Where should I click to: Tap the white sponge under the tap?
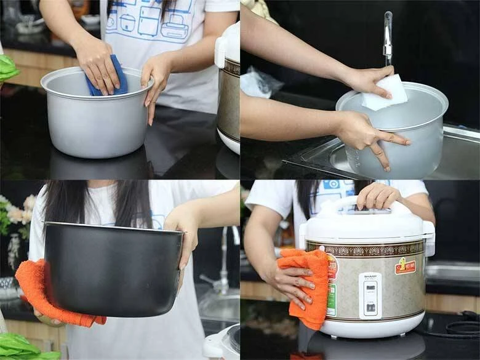[x=385, y=93]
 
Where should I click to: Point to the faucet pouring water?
[x=388, y=37]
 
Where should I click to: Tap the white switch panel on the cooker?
[x=370, y=295]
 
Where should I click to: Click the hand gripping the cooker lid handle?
[x=378, y=196]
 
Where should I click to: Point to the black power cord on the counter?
[x=458, y=329]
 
